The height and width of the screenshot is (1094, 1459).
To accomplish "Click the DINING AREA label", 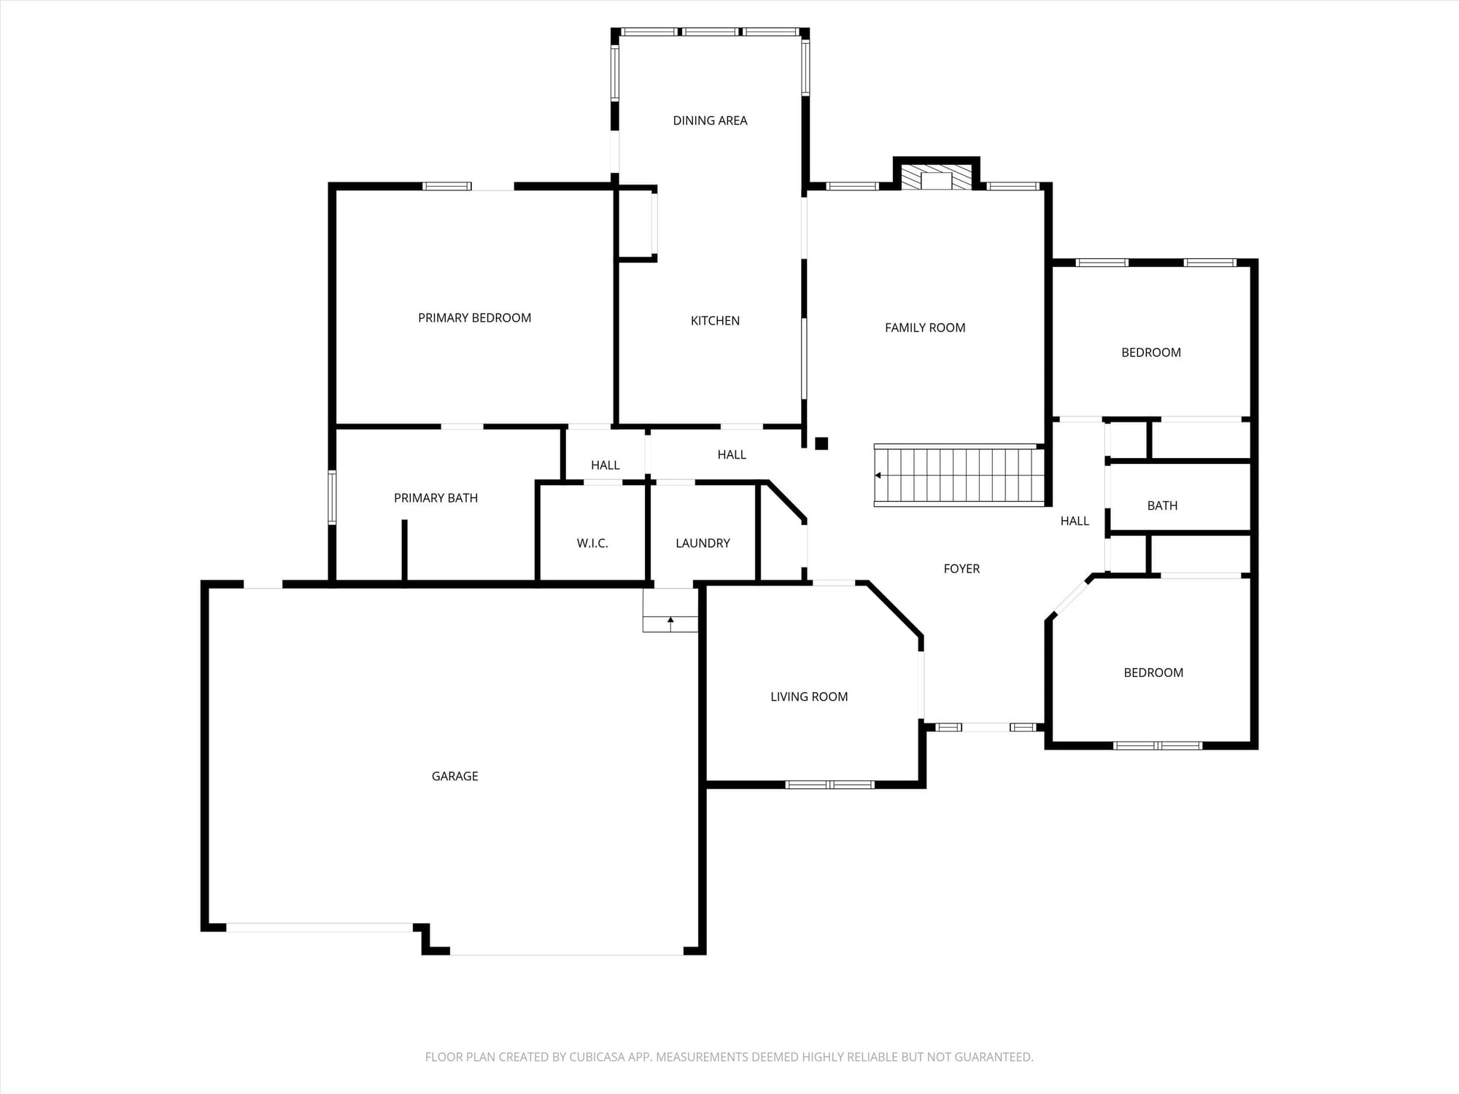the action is tap(710, 120).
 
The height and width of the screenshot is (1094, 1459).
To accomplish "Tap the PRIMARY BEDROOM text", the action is tap(474, 317).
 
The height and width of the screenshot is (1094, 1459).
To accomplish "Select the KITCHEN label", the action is tap(715, 320).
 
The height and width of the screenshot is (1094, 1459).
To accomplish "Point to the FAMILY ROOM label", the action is tap(925, 327).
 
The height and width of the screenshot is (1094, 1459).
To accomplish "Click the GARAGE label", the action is tap(454, 776).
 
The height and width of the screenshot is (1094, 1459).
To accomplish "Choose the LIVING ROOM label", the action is tap(809, 697).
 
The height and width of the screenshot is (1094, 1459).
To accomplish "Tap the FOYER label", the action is tap(961, 568).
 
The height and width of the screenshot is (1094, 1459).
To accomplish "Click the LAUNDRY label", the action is tap(703, 543).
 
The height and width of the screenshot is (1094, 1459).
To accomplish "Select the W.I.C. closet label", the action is tap(592, 543).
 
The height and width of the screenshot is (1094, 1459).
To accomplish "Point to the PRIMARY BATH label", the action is tap(436, 497).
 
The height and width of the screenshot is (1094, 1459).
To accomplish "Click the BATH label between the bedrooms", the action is tap(1162, 505).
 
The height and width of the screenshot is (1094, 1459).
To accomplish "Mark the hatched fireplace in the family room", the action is tap(937, 176).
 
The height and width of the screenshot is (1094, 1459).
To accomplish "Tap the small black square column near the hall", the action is tap(821, 443).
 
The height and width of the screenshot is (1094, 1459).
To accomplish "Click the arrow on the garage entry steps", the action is tap(670, 624).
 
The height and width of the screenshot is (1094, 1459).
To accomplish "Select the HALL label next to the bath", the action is tap(1075, 521).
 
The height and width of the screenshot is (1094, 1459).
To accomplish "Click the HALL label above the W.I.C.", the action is tap(605, 465).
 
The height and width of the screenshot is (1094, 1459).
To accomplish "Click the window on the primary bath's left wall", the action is tap(332, 497).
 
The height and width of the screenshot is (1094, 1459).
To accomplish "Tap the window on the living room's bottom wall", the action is tap(829, 785).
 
